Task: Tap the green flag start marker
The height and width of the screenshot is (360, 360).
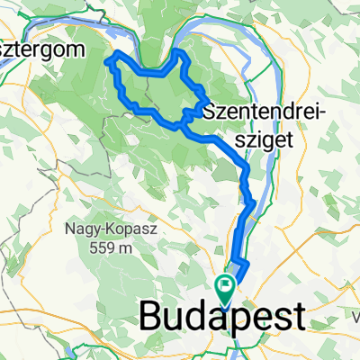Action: [x=225, y=286]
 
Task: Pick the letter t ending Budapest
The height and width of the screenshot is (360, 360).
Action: [x=299, y=318]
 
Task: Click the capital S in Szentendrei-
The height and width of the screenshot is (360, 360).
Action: [x=211, y=112]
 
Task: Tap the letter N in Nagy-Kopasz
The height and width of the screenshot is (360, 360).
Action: [x=69, y=229]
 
